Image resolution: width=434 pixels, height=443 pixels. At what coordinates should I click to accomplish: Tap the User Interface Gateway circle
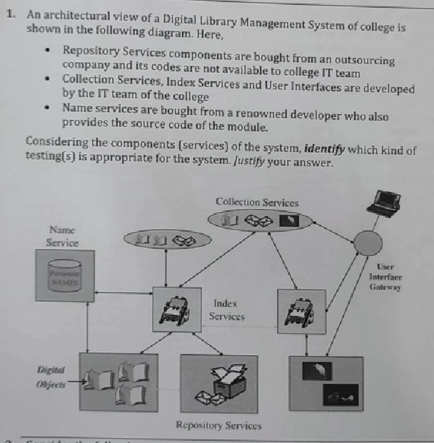pos(368,245)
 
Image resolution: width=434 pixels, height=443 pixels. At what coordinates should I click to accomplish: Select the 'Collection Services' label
pos(257,203)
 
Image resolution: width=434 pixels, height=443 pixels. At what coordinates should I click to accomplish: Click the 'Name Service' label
pos(62,236)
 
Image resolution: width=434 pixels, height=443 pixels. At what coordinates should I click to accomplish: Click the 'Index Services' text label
pos(226,310)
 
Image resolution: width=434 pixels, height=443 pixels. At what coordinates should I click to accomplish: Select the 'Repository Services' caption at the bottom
pos(218,426)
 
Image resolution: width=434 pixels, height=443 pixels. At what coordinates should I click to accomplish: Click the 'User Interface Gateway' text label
pos(386,277)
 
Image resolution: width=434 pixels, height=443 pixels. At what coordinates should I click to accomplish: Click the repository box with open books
pos(118,382)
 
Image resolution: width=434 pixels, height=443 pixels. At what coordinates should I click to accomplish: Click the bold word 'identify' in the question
pos(325,151)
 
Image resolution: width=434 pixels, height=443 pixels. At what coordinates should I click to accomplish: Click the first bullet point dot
pos(46,51)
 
